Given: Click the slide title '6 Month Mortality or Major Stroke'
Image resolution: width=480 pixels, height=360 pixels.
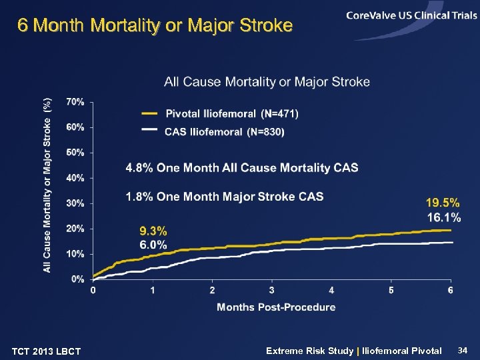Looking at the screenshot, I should (x=155, y=26).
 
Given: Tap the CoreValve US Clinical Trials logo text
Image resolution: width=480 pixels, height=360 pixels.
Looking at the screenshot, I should (x=411, y=15).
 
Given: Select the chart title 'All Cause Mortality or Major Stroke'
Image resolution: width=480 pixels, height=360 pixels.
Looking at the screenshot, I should (x=267, y=82).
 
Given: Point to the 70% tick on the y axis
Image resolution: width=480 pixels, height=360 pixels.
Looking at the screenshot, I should (x=75, y=102).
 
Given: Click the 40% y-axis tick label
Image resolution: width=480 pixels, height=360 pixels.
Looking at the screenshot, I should (x=75, y=178).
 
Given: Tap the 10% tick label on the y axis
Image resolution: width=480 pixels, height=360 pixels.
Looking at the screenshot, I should (x=75, y=254).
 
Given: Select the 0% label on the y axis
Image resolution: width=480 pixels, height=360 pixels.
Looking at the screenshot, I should (x=78, y=279).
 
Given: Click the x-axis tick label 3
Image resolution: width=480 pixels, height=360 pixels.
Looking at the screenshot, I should (x=271, y=291).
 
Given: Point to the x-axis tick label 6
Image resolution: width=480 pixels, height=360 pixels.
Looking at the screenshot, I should (x=451, y=291).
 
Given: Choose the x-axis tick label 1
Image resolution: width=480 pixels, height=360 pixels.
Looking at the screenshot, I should (x=153, y=291).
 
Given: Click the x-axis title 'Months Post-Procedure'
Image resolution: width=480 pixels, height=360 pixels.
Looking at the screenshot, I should (x=276, y=307).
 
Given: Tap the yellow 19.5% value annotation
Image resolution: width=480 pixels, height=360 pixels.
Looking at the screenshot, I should (x=443, y=203).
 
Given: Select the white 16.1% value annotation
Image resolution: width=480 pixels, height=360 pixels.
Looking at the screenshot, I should (x=443, y=217).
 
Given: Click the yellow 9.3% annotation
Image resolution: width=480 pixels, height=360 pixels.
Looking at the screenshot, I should (x=153, y=231).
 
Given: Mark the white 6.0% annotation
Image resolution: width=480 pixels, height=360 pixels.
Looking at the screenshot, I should (x=153, y=245).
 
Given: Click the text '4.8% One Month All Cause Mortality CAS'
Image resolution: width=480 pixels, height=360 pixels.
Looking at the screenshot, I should (x=242, y=168).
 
